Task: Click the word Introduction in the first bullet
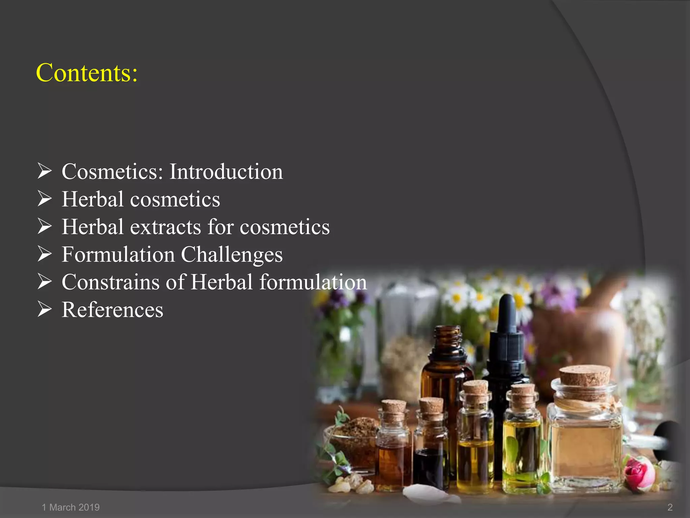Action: point(226,172)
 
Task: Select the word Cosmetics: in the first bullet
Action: point(113,172)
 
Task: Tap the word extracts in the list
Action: point(165,227)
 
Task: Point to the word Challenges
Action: point(232,255)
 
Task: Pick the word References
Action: point(113,310)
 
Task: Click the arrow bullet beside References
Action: point(44,309)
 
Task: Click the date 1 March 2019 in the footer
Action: point(71,507)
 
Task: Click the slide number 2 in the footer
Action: point(670,507)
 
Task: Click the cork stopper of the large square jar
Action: point(585,376)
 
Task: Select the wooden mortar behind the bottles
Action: point(579,324)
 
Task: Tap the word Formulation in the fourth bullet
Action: point(118,255)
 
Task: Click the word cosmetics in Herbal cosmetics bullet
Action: point(175,199)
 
